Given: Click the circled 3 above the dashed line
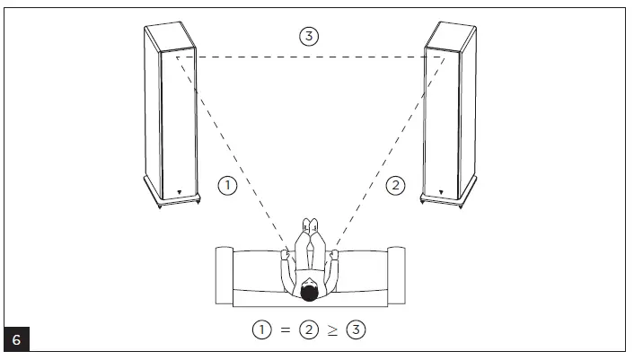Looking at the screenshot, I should click(307, 36).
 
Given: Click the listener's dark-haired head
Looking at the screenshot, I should click(309, 292).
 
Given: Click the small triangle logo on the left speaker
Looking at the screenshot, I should click(179, 190).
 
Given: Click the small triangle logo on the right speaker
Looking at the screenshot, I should click(442, 190).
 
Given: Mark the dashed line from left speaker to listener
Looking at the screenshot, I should click(233, 153).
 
